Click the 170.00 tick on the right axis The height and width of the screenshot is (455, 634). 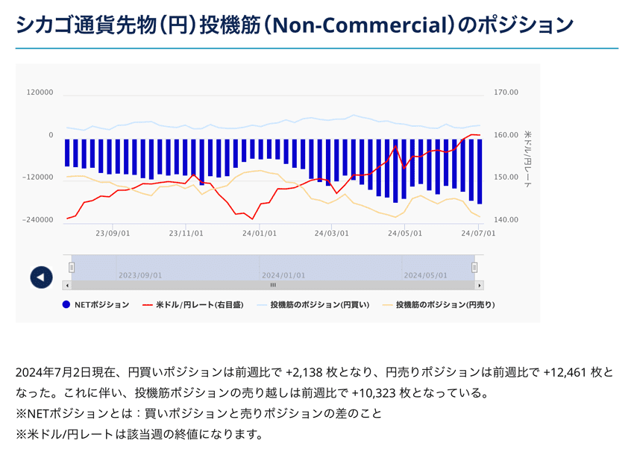point(506,92)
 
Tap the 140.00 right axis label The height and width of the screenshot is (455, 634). point(506,220)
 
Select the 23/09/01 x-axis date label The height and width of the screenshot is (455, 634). point(113,233)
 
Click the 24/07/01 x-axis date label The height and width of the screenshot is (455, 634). point(478,233)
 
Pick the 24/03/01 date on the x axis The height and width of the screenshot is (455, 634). point(332,233)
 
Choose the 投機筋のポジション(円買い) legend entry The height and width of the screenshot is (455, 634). point(319,304)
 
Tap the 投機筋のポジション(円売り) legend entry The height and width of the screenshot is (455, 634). point(445,304)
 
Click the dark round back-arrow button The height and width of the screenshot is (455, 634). point(41,277)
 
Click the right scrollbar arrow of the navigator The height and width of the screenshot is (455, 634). point(480,285)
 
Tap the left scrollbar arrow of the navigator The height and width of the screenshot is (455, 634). point(67,285)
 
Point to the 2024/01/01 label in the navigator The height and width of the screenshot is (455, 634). point(283,275)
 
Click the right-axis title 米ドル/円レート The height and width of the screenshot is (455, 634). point(528,157)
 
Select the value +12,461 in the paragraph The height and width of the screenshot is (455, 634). point(568,371)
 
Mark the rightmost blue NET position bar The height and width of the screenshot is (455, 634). point(480,171)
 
